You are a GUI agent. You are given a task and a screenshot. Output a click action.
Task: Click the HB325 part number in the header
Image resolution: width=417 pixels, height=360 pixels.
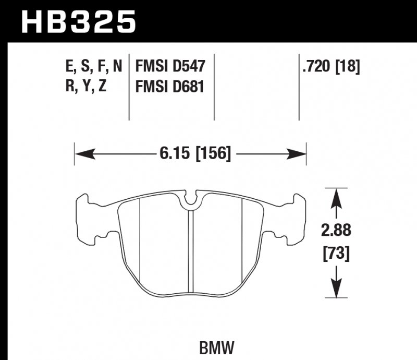[78, 22]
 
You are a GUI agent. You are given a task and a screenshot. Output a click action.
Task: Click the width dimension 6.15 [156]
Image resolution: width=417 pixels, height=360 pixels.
[192, 154]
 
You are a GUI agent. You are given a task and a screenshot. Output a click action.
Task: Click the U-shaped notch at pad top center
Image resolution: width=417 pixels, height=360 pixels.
[191, 198]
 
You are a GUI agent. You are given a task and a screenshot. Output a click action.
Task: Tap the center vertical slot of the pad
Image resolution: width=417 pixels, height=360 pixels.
[191, 250]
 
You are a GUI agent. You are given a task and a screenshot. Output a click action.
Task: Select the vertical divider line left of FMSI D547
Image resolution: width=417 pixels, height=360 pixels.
[129, 86]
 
